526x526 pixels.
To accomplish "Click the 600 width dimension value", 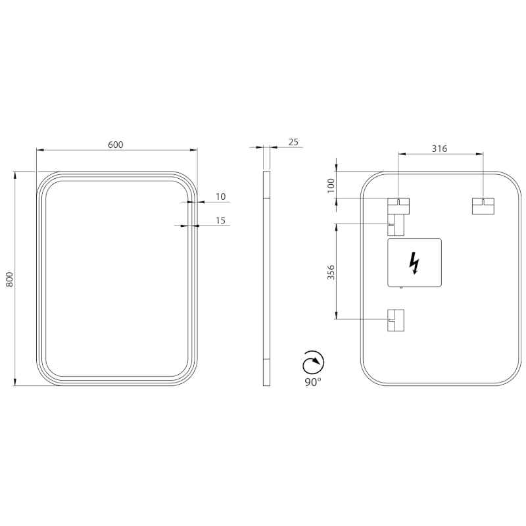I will click(116, 145).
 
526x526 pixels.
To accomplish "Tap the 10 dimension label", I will click(220, 197).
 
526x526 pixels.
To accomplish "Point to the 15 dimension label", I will click(220, 220).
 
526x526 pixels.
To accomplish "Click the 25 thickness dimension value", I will click(293, 141).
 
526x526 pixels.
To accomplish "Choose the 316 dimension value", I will click(439, 149).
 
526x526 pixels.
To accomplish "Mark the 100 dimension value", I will click(331, 185).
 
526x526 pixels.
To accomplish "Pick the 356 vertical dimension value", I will click(331, 272).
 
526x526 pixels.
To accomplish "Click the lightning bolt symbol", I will click(414, 263).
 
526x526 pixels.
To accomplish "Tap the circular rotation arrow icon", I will click(312, 363).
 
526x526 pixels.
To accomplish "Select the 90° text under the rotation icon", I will click(312, 382).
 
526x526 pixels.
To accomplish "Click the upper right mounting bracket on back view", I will click(483, 206).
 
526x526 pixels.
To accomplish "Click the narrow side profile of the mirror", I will click(266, 279).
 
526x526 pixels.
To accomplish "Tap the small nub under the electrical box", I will click(400, 287).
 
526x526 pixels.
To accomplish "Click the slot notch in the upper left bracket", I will click(398, 201).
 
